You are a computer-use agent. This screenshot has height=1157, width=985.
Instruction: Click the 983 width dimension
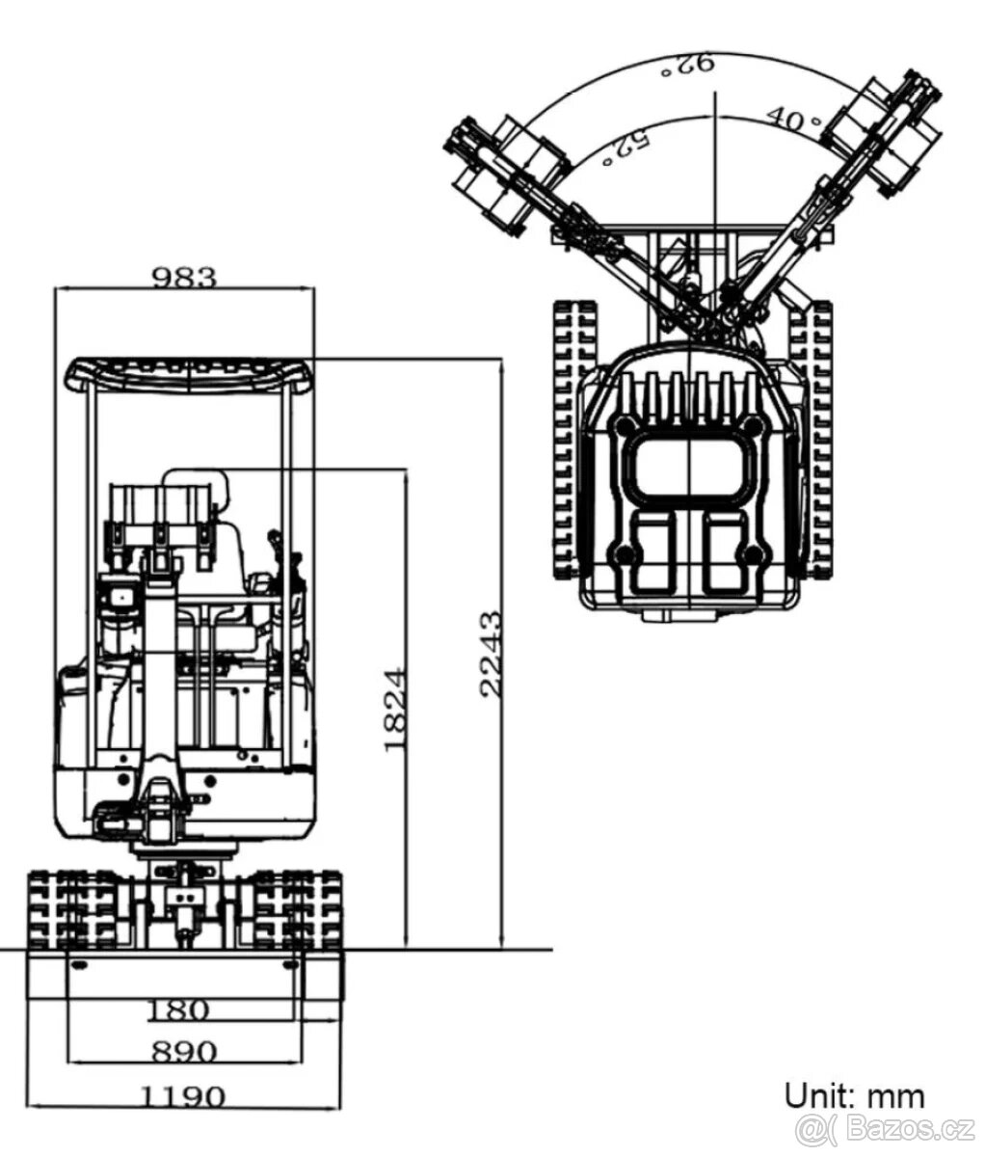coord(185,277)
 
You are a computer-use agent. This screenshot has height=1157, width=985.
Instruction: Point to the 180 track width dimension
coord(178,1010)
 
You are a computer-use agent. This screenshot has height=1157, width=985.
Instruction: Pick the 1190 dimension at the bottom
coord(183,1096)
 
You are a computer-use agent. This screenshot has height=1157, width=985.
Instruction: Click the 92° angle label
coord(686,66)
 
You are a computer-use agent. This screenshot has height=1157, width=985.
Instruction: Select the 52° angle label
coord(626,148)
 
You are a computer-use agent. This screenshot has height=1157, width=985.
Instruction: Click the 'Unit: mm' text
coord(854,1095)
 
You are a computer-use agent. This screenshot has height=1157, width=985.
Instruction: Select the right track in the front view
coord(297,909)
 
